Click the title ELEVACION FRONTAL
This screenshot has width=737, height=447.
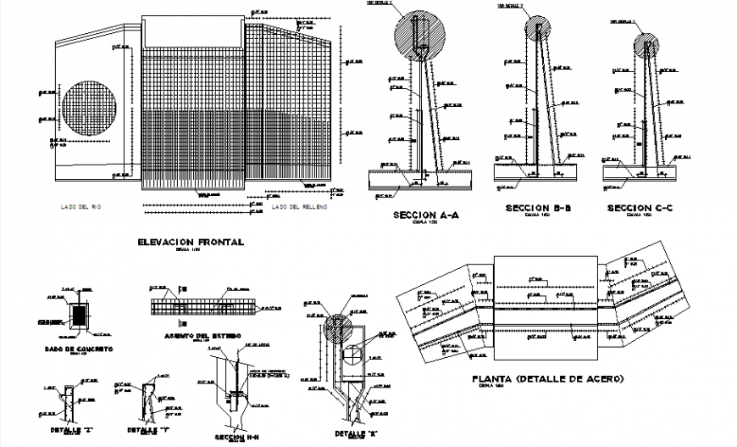(x=190, y=243)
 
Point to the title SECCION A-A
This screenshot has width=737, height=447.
(x=425, y=215)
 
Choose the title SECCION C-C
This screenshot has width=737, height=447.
(x=640, y=208)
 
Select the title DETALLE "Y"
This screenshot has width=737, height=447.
(x=148, y=430)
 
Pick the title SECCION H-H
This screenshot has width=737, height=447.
(x=233, y=437)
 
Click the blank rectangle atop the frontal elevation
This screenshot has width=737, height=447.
(x=192, y=31)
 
